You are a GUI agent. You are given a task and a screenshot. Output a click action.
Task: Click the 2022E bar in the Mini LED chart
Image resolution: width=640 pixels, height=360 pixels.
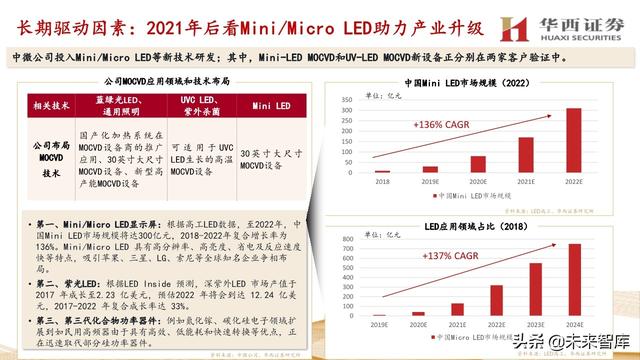[x=573, y=140]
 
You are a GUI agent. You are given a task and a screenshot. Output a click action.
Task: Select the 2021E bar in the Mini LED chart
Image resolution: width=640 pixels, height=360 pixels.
[x=525, y=155]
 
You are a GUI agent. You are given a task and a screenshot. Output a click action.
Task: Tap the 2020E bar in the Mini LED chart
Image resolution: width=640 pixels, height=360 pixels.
[x=478, y=164]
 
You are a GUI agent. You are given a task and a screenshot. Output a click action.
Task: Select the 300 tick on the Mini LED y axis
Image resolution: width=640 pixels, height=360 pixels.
[x=357, y=111]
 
